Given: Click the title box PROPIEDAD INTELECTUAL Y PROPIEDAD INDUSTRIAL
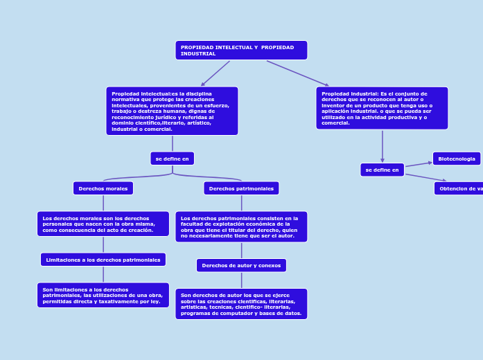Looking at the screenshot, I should click(x=240, y=50).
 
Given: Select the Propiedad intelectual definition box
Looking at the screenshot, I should click(x=172, y=111).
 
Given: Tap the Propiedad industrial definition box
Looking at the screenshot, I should click(x=382, y=108).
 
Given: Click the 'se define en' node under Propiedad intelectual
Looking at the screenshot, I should click(x=172, y=159).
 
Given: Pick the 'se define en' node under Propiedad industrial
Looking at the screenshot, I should click(x=382, y=170).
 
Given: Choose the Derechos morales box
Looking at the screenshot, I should click(x=103, y=188).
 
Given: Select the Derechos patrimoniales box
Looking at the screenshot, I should click(x=241, y=188).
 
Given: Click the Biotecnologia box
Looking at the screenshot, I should click(x=456, y=159).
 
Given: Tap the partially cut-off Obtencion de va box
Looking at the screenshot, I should click(x=459, y=188).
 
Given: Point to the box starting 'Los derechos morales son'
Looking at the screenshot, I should click(x=103, y=224).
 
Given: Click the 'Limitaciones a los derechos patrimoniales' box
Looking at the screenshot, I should click(x=103, y=260).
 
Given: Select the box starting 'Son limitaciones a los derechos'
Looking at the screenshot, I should click(x=103, y=295).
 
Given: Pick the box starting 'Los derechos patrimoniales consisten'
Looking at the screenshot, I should click(x=241, y=226).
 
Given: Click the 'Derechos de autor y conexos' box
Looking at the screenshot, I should click(x=241, y=265).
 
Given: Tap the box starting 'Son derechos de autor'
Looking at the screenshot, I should click(x=241, y=304).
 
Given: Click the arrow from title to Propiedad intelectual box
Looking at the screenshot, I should click(x=215, y=73).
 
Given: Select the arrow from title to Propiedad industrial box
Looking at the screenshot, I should click(x=298, y=73).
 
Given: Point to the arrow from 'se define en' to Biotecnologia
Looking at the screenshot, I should click(x=419, y=164).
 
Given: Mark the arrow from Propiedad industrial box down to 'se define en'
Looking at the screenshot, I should click(x=382, y=146).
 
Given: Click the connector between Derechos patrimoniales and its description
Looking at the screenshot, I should click(x=241, y=203).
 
